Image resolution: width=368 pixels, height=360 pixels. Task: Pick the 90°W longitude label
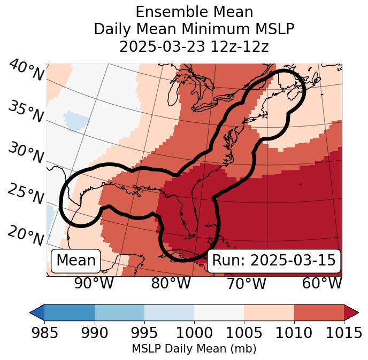94,283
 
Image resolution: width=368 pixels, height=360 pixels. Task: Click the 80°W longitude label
171,283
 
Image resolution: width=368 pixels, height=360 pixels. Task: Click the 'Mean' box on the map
76,261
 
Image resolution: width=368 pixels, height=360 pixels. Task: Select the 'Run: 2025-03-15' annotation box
274,261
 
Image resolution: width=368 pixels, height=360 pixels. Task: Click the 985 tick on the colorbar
44,333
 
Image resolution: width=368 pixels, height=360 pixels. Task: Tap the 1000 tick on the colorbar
194,333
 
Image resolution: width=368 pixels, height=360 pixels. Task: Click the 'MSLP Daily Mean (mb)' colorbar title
194,349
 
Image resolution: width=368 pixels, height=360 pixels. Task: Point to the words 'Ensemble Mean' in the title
194,12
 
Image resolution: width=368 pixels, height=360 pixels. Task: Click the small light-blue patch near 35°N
76,121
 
